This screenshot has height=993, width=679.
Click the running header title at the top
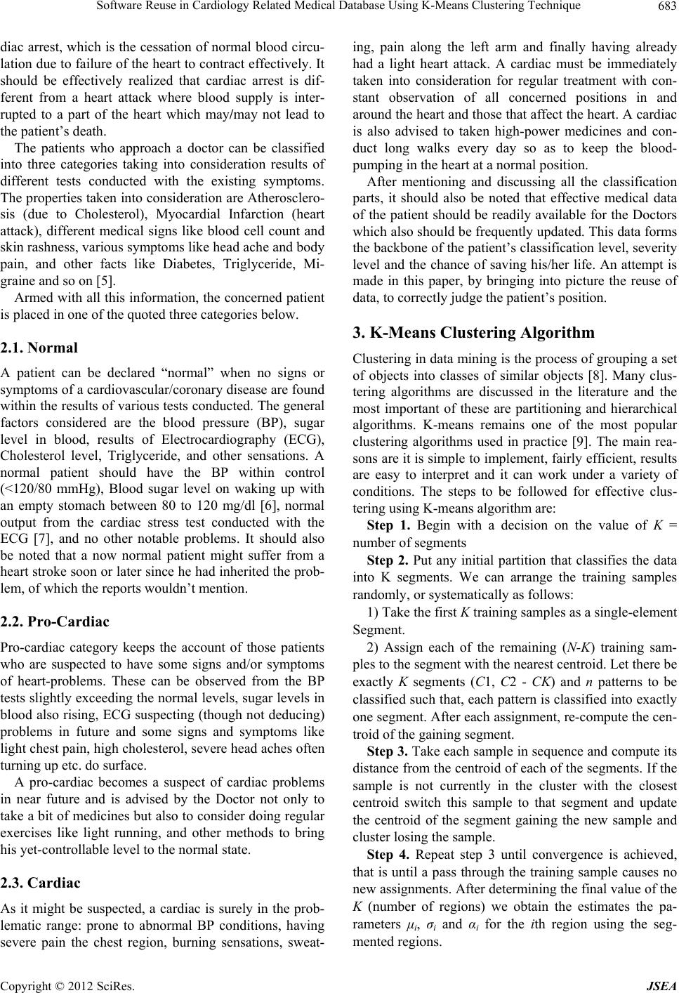[x=340, y=7]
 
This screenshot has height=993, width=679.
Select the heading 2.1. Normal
[x=39, y=348]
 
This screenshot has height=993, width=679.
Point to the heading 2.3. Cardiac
[x=40, y=883]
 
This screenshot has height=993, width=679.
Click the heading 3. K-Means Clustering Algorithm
[x=473, y=332]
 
